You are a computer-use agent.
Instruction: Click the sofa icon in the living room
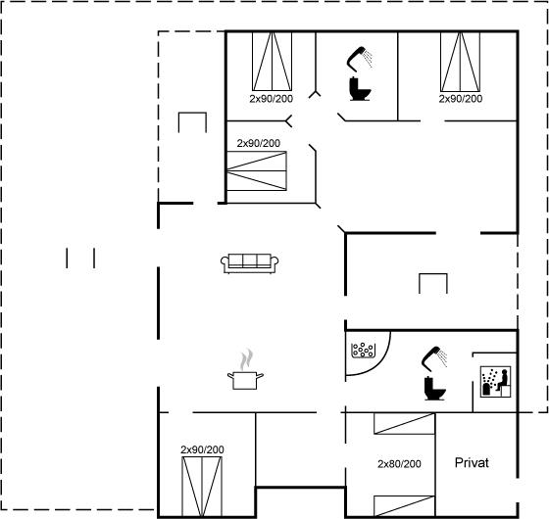click(x=250, y=263)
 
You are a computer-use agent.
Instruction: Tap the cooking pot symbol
click(x=245, y=381)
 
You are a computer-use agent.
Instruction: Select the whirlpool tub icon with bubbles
click(x=364, y=350)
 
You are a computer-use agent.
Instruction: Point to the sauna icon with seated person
click(x=495, y=382)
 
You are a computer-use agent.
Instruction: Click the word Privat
click(x=472, y=462)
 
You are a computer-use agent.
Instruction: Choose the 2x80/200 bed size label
click(x=399, y=464)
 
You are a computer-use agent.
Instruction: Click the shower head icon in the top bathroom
click(x=360, y=59)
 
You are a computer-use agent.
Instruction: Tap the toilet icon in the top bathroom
click(x=360, y=89)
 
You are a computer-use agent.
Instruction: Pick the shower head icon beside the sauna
click(x=434, y=358)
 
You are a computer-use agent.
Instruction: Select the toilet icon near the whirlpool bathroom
click(x=435, y=388)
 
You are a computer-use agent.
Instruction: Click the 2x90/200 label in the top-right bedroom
click(x=461, y=99)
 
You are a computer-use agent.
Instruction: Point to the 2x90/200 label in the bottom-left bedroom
click(x=202, y=449)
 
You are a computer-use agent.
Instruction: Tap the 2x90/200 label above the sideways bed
click(x=259, y=143)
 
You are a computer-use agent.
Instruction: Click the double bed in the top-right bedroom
click(x=460, y=62)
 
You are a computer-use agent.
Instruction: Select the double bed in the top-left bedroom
click(x=273, y=61)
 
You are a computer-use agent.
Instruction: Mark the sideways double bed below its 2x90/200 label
click(x=257, y=171)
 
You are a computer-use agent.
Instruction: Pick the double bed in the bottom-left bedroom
click(x=202, y=486)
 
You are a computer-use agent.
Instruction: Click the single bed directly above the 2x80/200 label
click(x=404, y=424)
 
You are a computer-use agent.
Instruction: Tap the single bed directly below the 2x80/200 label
click(x=404, y=505)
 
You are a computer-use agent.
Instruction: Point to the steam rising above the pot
click(x=247, y=359)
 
